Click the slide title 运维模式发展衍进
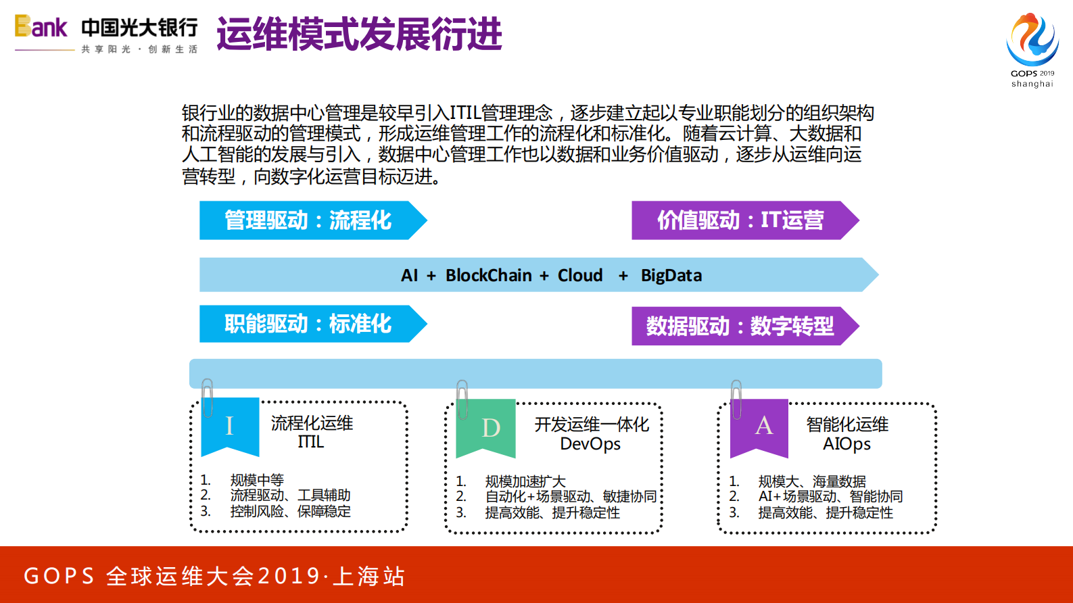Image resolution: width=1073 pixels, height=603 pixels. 359,34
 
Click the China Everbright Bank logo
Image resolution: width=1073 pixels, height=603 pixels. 106,34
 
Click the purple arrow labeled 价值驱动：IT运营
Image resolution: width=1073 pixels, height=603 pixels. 740,220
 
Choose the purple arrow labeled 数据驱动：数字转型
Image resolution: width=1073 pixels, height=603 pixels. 740,326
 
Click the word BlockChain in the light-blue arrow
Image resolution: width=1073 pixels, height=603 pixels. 488,276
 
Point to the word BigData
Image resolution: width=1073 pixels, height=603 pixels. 671,276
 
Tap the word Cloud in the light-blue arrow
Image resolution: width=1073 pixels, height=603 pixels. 579,276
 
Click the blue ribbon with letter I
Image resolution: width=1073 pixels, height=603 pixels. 230,425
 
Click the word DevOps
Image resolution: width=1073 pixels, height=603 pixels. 590,444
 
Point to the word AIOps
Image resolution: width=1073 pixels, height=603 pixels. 847,444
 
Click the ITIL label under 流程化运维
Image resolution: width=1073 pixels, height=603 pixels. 311,442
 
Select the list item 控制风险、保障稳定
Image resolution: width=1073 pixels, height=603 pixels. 290,512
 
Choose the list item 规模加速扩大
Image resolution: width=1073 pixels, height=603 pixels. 525,481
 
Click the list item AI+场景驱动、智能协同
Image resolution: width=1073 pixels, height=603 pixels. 830,497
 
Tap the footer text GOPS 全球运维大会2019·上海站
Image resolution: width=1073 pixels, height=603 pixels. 214,576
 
